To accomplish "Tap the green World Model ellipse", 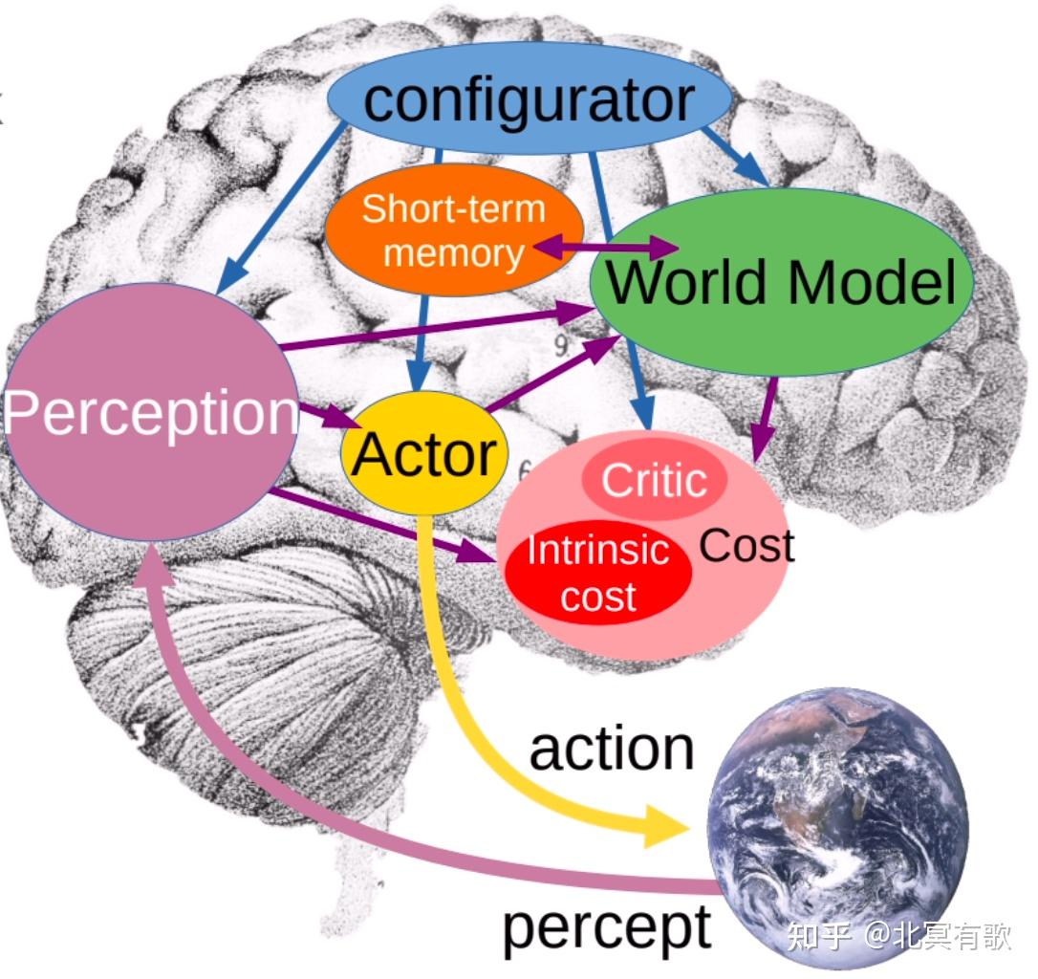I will pos(781,282).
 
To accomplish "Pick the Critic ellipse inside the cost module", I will pos(654,480).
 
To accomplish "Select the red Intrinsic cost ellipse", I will pos(598,574).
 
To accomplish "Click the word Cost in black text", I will pos(746,546).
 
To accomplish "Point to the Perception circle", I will pos(150,412).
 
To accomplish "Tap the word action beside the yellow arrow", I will pos(612,749).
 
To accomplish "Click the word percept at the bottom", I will pos(607,925).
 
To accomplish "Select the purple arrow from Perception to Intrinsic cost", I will pos(382,525).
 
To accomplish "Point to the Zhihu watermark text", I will pos(897,936).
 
